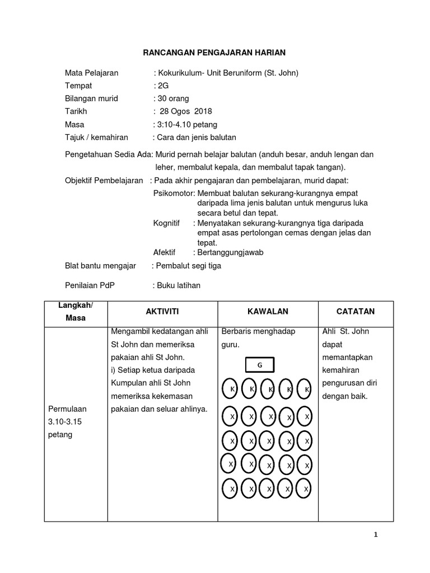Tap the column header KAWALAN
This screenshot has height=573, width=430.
pos(268,311)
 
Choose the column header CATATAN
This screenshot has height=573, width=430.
pos(356,311)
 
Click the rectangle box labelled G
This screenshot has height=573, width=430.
pos(260,365)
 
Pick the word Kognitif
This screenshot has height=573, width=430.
pos(167,223)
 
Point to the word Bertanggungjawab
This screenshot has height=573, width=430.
pos(231,252)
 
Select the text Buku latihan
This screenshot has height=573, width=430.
pos(178,285)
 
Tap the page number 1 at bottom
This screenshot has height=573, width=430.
pos(376,535)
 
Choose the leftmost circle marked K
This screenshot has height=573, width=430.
pos(231,389)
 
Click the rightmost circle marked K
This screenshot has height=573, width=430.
pos(306,389)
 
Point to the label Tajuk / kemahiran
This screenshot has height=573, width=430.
pos(97,137)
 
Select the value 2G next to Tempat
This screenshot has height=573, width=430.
pos(162,86)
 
